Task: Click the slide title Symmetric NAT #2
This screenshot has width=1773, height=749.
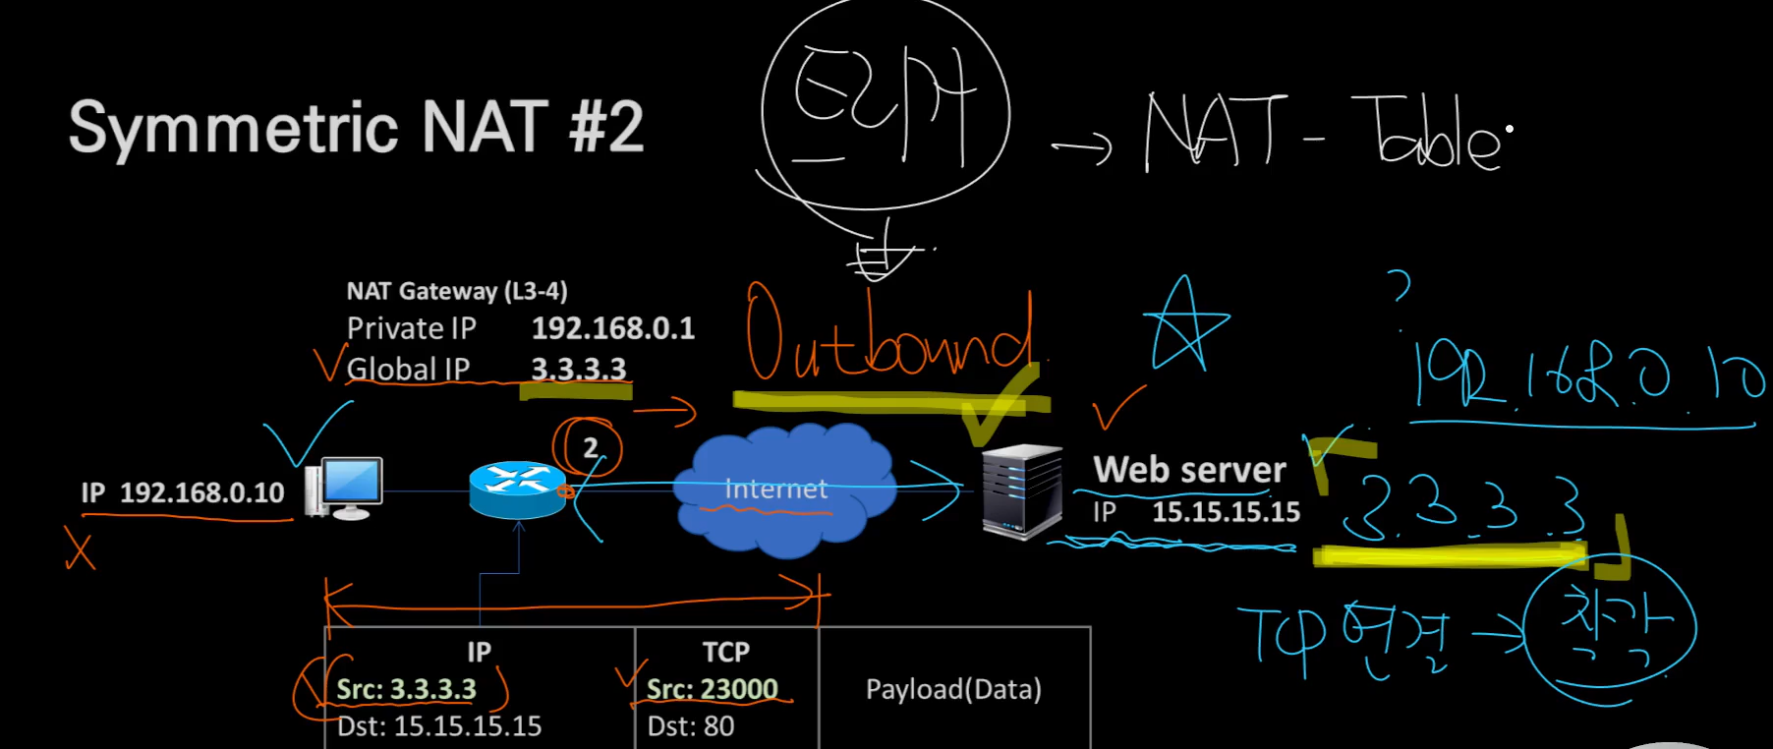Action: [x=356, y=128]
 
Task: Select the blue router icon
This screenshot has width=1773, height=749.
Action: [x=517, y=489]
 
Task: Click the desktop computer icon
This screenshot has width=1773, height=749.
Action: [x=345, y=488]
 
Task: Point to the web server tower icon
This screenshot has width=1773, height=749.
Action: [x=1022, y=491]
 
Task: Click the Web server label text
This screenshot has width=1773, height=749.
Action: [x=1189, y=470]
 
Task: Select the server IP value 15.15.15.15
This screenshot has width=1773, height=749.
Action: [x=1226, y=512]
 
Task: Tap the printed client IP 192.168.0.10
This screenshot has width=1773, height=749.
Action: [x=201, y=492]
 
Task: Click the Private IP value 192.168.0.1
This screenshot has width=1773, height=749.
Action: [x=613, y=328]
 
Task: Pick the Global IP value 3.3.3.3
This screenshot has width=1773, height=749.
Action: [x=578, y=369]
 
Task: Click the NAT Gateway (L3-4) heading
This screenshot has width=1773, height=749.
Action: [x=457, y=291]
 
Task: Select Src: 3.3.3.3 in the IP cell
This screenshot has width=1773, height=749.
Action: [x=406, y=689]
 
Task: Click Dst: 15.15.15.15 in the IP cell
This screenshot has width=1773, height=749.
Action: [x=439, y=726]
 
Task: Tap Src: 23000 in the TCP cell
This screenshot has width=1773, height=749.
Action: [x=712, y=689]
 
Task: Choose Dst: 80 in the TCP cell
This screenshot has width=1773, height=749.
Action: [x=691, y=726]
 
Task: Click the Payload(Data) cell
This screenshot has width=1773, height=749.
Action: [x=953, y=689]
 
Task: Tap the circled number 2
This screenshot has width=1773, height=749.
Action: [x=590, y=448]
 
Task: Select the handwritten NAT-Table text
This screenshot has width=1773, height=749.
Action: [x=1322, y=133]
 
